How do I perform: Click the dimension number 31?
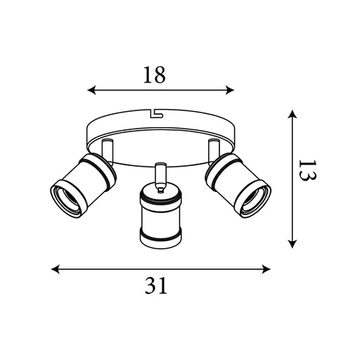click(159, 285)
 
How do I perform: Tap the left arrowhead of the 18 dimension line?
click(91, 89)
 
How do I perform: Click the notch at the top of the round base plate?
click(155, 111)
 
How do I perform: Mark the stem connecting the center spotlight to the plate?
click(160, 174)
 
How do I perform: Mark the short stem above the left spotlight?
click(107, 150)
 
